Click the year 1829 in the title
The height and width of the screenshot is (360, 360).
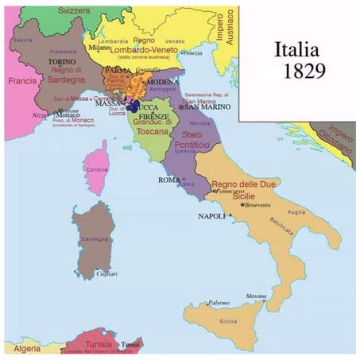[x=304, y=71]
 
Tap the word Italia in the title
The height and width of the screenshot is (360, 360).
[x=300, y=49]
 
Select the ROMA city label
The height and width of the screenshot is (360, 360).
[x=169, y=180]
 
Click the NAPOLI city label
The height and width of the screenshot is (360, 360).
[x=212, y=216]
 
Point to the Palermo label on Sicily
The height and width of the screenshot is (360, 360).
[x=219, y=303]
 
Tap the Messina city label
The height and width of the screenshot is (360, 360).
[x=256, y=296]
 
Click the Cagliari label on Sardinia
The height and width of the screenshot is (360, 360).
[x=107, y=273]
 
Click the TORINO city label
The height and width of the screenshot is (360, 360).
[x=62, y=61]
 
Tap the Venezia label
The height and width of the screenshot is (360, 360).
[x=191, y=52]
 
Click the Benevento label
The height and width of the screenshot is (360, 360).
[x=257, y=205]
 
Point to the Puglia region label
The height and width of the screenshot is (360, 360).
[x=296, y=212]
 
